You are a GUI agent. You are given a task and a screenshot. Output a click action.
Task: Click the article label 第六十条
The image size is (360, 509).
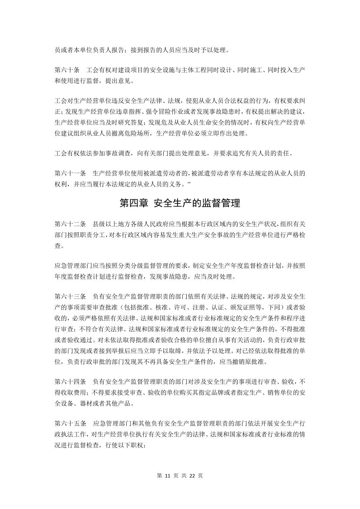67,70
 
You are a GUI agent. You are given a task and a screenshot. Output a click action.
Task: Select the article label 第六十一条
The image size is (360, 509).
70,173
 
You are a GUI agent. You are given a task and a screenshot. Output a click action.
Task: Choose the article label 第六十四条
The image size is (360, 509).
70,382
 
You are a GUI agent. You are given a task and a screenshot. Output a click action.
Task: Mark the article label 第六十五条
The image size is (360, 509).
70,424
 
